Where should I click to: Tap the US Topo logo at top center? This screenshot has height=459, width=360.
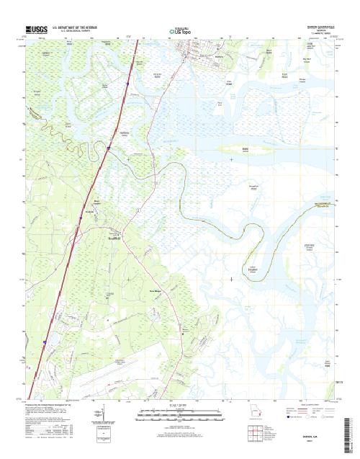pyautogui.click(x=180, y=31)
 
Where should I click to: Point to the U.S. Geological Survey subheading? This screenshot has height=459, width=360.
pyautogui.click(x=74, y=31)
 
